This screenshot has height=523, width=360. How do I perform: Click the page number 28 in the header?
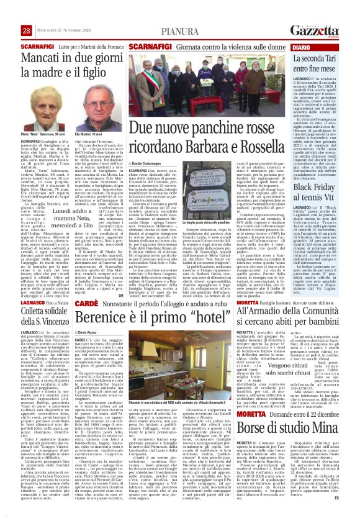tap(26, 30)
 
